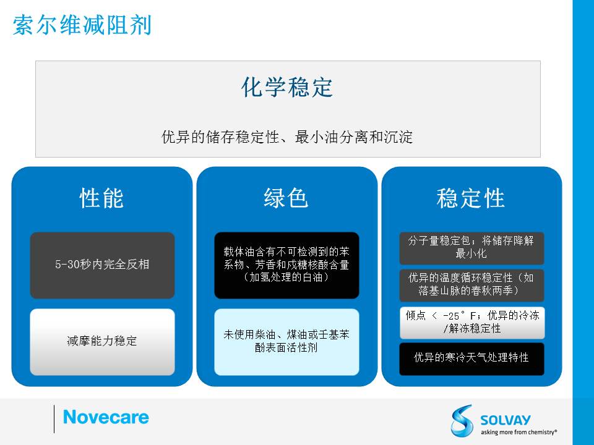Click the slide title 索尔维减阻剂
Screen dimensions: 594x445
82,25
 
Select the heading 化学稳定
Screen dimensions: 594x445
287,87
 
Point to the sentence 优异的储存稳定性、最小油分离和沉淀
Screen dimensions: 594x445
287,137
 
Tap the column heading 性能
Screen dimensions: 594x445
101,198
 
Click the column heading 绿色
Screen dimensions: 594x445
286,198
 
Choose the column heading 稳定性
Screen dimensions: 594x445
471,198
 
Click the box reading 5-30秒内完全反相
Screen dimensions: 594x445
102,265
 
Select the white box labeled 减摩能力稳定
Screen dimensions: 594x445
102,342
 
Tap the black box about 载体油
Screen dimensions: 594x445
286,265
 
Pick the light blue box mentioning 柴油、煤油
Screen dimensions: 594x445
286,342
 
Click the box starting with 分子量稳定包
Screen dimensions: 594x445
471,248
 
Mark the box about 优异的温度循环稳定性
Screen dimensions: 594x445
471,285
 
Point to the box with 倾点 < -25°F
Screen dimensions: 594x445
472,323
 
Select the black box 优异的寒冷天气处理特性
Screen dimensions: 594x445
471,358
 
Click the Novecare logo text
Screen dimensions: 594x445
106,417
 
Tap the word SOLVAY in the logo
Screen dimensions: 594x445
506,420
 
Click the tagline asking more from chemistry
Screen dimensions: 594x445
519,432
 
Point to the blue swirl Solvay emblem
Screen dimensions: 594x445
462,420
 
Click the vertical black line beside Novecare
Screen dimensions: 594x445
54,419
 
